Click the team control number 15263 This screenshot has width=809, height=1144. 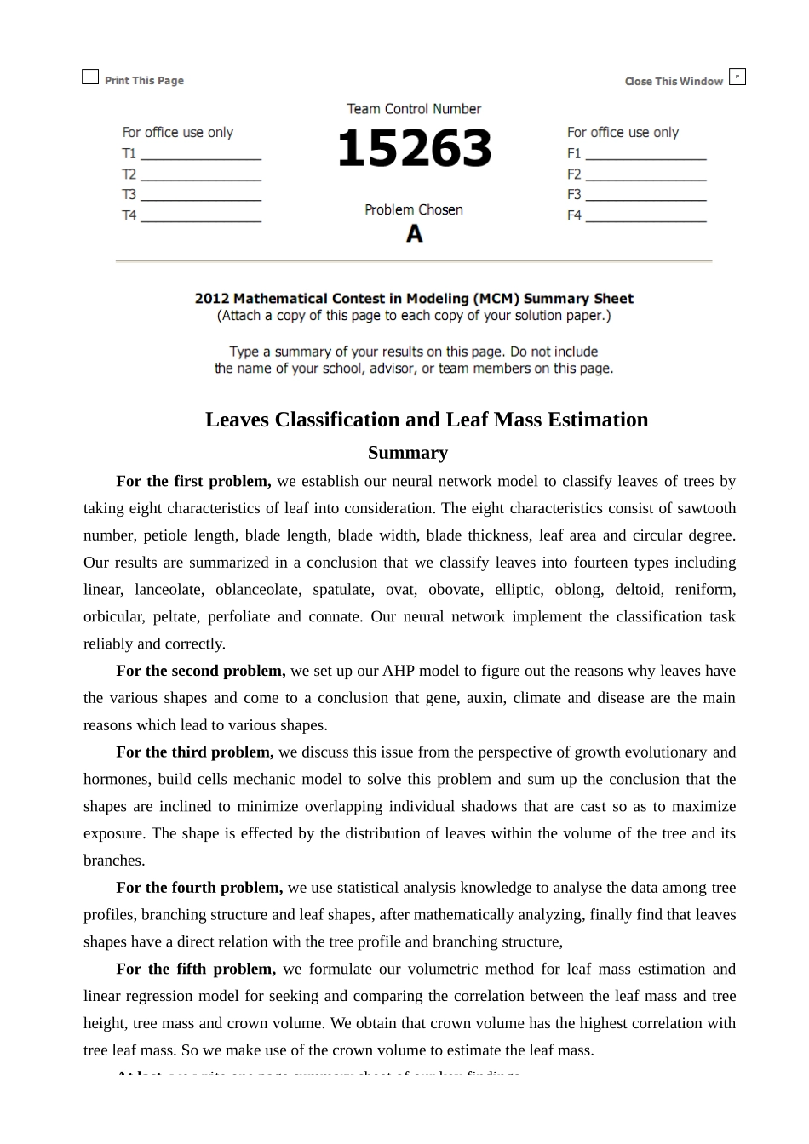pos(414,149)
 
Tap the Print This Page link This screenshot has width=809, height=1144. pos(144,81)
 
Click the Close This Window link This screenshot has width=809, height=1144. pos(673,82)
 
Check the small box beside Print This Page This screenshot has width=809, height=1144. pos(90,77)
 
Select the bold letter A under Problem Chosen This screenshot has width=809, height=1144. pos(414,233)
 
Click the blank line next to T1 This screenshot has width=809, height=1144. pos(201,158)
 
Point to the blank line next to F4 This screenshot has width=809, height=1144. pos(645,220)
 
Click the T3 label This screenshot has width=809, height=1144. pos(129,195)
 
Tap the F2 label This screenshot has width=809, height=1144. pos(574,174)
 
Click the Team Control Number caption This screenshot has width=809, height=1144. pos(414,109)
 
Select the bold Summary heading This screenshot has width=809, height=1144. pos(407,453)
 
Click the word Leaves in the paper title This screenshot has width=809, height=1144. pos(237,420)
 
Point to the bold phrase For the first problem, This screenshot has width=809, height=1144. pos(193,481)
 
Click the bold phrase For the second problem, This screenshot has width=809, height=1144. pos(201,671)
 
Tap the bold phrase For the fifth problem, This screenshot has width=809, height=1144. pos(196,969)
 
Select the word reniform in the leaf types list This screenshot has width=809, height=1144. pos(705,589)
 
